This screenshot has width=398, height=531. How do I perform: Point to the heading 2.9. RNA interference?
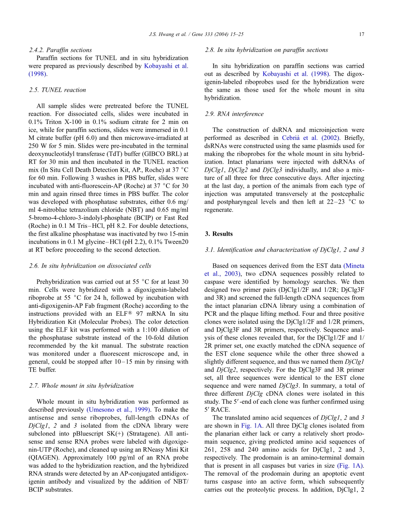click(x=234, y=114)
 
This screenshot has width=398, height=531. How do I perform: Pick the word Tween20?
click(x=176, y=242)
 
